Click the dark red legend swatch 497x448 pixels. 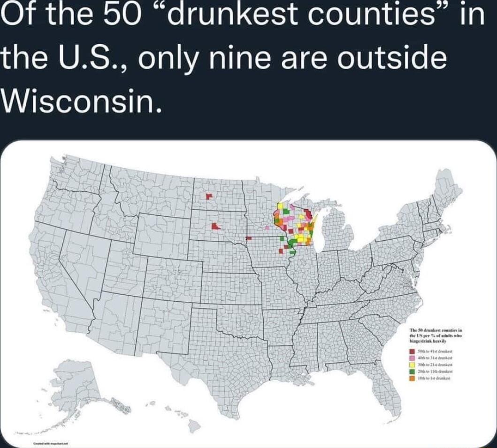(412, 351)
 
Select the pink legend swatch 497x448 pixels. (412, 358)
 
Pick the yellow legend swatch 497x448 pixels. (412, 364)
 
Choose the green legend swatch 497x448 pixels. (412, 371)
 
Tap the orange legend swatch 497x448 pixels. (412, 378)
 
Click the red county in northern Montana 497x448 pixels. (209, 196)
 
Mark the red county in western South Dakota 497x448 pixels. (215, 227)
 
